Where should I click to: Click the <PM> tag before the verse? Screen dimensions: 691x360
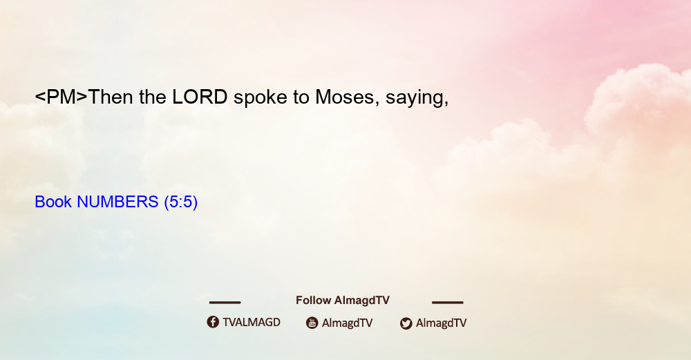61,97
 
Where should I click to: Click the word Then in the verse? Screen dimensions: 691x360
111,97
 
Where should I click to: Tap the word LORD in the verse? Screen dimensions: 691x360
200,97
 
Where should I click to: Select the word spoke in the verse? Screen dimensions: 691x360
260,98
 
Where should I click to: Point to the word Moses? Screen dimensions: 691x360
345,97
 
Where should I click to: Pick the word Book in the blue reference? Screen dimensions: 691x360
53,202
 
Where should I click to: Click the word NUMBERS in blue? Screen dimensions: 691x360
117,202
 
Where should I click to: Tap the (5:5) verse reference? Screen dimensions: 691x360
180,202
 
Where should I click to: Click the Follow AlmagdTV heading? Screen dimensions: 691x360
343,301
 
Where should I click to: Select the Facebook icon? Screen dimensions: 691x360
213,322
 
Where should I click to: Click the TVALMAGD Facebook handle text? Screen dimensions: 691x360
252,322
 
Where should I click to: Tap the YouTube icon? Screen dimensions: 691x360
312,323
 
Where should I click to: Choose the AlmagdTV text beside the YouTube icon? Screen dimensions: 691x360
348,323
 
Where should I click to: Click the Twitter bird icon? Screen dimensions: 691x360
406,323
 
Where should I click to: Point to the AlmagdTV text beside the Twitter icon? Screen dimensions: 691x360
441,323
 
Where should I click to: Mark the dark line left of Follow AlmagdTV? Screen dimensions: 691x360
225,303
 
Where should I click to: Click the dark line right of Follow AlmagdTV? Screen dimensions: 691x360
448,303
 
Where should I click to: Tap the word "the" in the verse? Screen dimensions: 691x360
153,97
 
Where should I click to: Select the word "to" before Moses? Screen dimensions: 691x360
301,97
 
